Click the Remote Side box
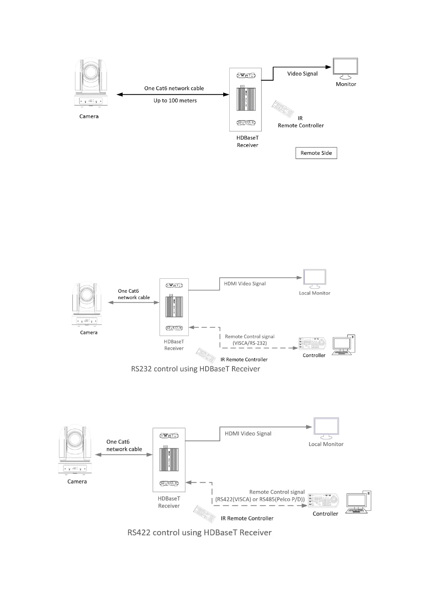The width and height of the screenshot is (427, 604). pyautogui.click(x=316, y=153)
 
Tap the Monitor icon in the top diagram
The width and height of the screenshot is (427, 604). pyautogui.click(x=345, y=68)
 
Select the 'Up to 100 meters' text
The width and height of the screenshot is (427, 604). pyautogui.click(x=175, y=101)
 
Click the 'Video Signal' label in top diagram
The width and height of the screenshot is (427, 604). pyautogui.click(x=302, y=74)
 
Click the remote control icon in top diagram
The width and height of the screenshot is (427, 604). pyautogui.click(x=283, y=109)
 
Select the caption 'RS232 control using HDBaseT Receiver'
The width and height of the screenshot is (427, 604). pyautogui.click(x=196, y=369)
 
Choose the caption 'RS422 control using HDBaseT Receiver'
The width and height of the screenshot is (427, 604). pyautogui.click(x=200, y=533)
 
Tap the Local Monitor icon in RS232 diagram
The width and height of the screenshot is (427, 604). pyautogui.click(x=315, y=279)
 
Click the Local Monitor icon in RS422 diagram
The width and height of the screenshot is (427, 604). pyautogui.click(x=326, y=428)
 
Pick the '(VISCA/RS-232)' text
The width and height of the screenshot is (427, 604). pyautogui.click(x=250, y=343)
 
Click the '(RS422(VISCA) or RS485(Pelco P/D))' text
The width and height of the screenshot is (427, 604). pyautogui.click(x=260, y=500)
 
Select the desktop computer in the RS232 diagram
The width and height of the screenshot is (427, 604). pyautogui.click(x=344, y=345)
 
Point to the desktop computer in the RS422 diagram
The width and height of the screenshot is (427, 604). pyautogui.click(x=358, y=502)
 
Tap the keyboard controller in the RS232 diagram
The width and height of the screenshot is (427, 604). pyautogui.click(x=313, y=344)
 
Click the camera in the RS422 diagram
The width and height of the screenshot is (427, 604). pyautogui.click(x=75, y=450)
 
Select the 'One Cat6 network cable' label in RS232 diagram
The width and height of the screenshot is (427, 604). pyautogui.click(x=134, y=294)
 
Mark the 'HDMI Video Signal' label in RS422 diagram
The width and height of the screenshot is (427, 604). pyautogui.click(x=248, y=434)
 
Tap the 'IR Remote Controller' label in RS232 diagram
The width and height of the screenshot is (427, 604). pyautogui.click(x=244, y=360)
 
